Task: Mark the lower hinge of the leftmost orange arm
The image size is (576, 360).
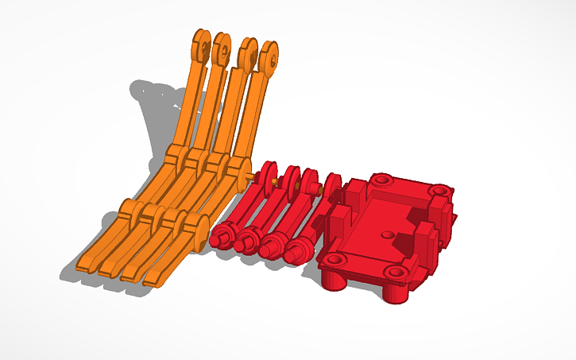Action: tap(130, 211)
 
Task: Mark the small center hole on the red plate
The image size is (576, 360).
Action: tap(386, 235)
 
